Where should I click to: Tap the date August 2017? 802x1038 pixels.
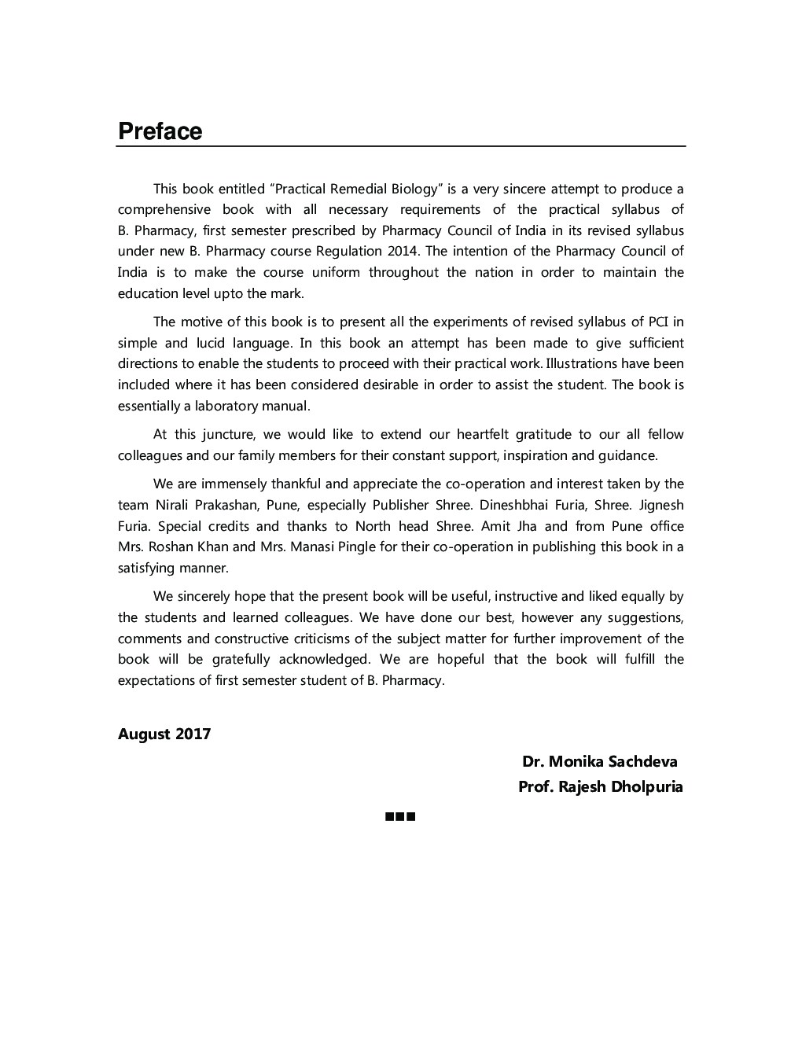[164, 734]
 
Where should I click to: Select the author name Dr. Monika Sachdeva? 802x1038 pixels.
[599, 761]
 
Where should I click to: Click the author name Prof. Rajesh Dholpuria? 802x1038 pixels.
[600, 786]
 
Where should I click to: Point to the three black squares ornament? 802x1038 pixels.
[400, 817]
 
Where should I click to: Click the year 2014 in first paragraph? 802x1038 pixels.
[403, 252]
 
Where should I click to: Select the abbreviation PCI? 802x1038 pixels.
[658, 322]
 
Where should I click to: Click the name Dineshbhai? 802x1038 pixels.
[513, 505]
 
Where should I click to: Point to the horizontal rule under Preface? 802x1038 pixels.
[401, 146]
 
